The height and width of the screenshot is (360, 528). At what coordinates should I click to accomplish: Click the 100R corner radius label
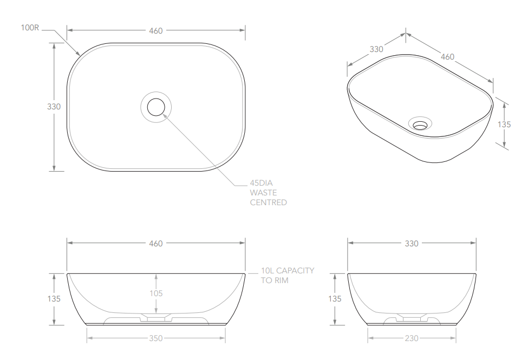click(30, 28)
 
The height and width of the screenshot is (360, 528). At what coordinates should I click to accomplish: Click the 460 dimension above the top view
click(156, 31)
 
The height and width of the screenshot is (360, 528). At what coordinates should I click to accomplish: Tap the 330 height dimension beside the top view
click(54, 107)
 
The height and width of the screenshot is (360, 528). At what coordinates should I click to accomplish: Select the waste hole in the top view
click(156, 107)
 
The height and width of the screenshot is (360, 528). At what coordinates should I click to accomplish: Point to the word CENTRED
click(268, 202)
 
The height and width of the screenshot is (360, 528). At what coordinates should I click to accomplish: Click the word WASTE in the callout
click(263, 193)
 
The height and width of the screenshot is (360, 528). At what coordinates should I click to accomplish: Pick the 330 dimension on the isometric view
click(376, 49)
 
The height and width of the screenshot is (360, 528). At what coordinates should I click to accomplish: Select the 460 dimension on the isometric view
click(447, 56)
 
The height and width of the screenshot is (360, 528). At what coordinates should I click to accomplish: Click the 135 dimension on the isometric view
click(504, 124)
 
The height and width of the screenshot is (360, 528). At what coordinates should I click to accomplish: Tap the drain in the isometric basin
click(420, 125)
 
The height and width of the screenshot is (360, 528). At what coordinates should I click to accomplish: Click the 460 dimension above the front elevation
click(156, 244)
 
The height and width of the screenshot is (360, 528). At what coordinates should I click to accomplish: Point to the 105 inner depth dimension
click(156, 293)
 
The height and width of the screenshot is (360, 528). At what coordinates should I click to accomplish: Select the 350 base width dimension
click(156, 338)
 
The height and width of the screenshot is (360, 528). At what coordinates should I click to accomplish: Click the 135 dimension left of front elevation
click(54, 299)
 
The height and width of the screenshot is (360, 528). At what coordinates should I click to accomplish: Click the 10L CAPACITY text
click(287, 271)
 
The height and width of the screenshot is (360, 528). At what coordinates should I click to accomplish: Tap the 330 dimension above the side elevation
click(412, 244)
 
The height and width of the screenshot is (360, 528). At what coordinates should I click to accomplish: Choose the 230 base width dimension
click(412, 338)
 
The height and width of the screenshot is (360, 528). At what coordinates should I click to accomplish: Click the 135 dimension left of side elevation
click(335, 299)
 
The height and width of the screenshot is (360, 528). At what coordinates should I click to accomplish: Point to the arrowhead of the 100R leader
click(80, 55)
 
